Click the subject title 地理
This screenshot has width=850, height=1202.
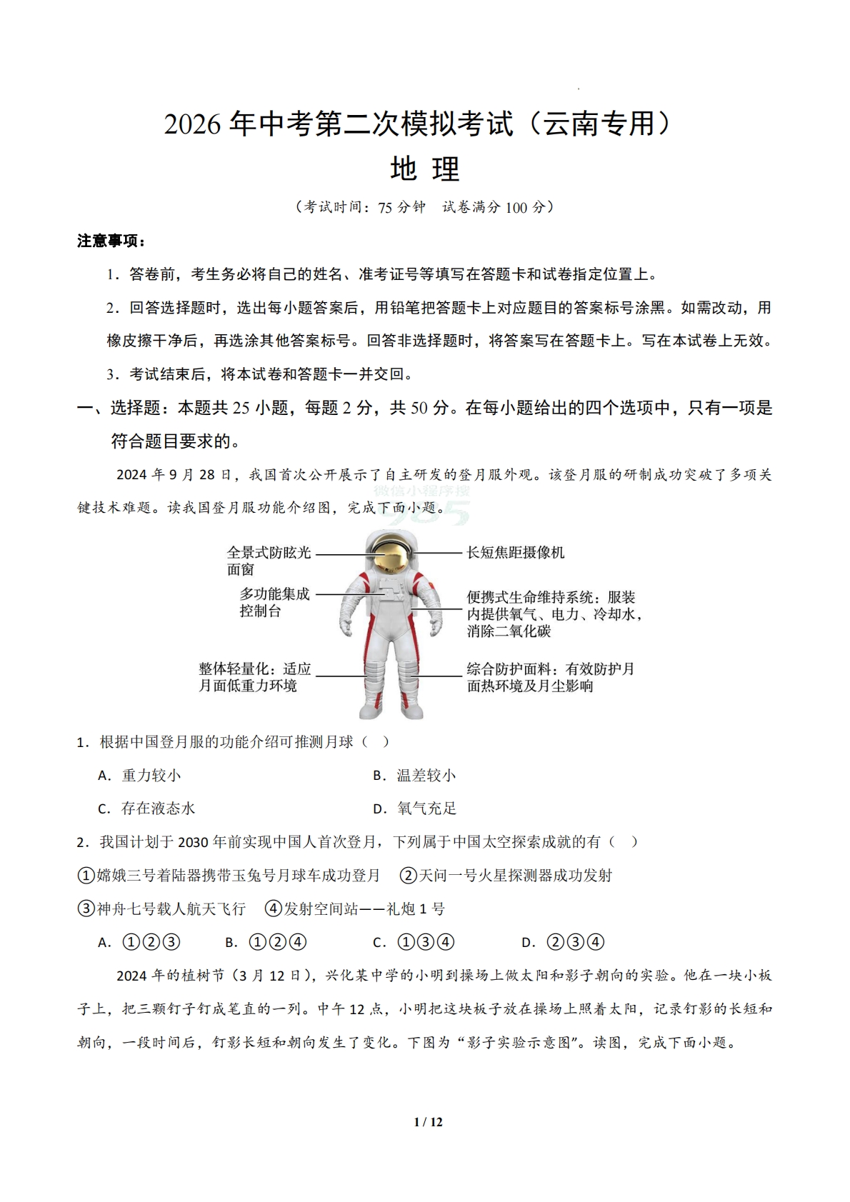[424, 170]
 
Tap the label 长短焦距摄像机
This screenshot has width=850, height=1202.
[515, 553]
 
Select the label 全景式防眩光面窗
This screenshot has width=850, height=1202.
[269, 561]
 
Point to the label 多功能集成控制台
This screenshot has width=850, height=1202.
[274, 602]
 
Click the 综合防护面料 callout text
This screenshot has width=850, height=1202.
[550, 677]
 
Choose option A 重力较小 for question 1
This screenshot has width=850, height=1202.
[140, 776]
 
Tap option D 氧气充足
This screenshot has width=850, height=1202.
[415, 808]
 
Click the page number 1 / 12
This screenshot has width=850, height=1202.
[428, 1122]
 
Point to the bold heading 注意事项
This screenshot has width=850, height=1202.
[111, 241]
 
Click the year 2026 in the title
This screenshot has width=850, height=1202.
[193, 124]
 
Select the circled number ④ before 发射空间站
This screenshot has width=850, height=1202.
[273, 909]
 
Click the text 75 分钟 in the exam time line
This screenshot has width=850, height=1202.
[401, 207]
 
